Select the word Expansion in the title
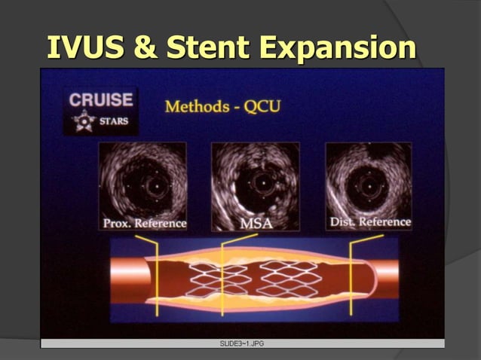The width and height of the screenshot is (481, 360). click(339, 47)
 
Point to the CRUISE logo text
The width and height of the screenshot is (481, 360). click(101, 99)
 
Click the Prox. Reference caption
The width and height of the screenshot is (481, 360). click(144, 223)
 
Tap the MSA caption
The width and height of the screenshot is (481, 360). click(256, 224)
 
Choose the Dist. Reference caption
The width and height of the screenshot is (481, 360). click(370, 221)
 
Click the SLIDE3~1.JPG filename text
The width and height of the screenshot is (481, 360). click(241, 343)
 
